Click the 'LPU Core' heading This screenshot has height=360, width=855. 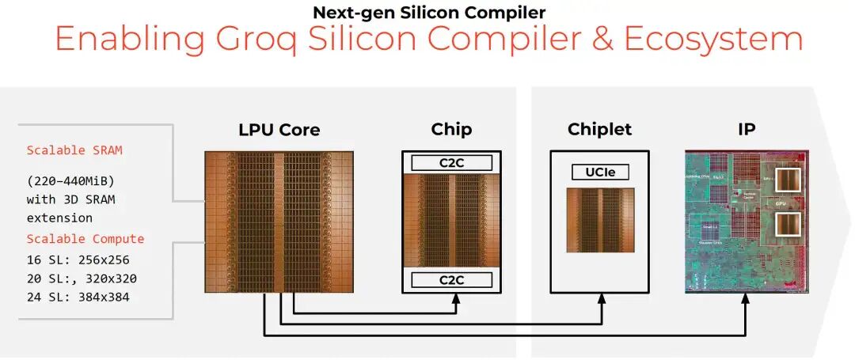tap(279, 130)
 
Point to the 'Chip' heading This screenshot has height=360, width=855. tap(451, 130)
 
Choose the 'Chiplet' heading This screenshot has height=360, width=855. tap(599, 130)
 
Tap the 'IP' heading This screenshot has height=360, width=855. tap(746, 130)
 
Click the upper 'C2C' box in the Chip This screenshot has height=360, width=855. tap(451, 163)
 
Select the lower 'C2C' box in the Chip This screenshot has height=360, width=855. tap(451, 279)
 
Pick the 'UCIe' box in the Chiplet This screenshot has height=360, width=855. tap(599, 171)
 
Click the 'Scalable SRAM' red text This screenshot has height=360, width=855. tap(74, 150)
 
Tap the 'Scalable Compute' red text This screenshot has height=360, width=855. tap(85, 239)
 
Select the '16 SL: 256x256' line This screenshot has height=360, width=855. tap(78, 260)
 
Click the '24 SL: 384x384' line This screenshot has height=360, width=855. tap(78, 297)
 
